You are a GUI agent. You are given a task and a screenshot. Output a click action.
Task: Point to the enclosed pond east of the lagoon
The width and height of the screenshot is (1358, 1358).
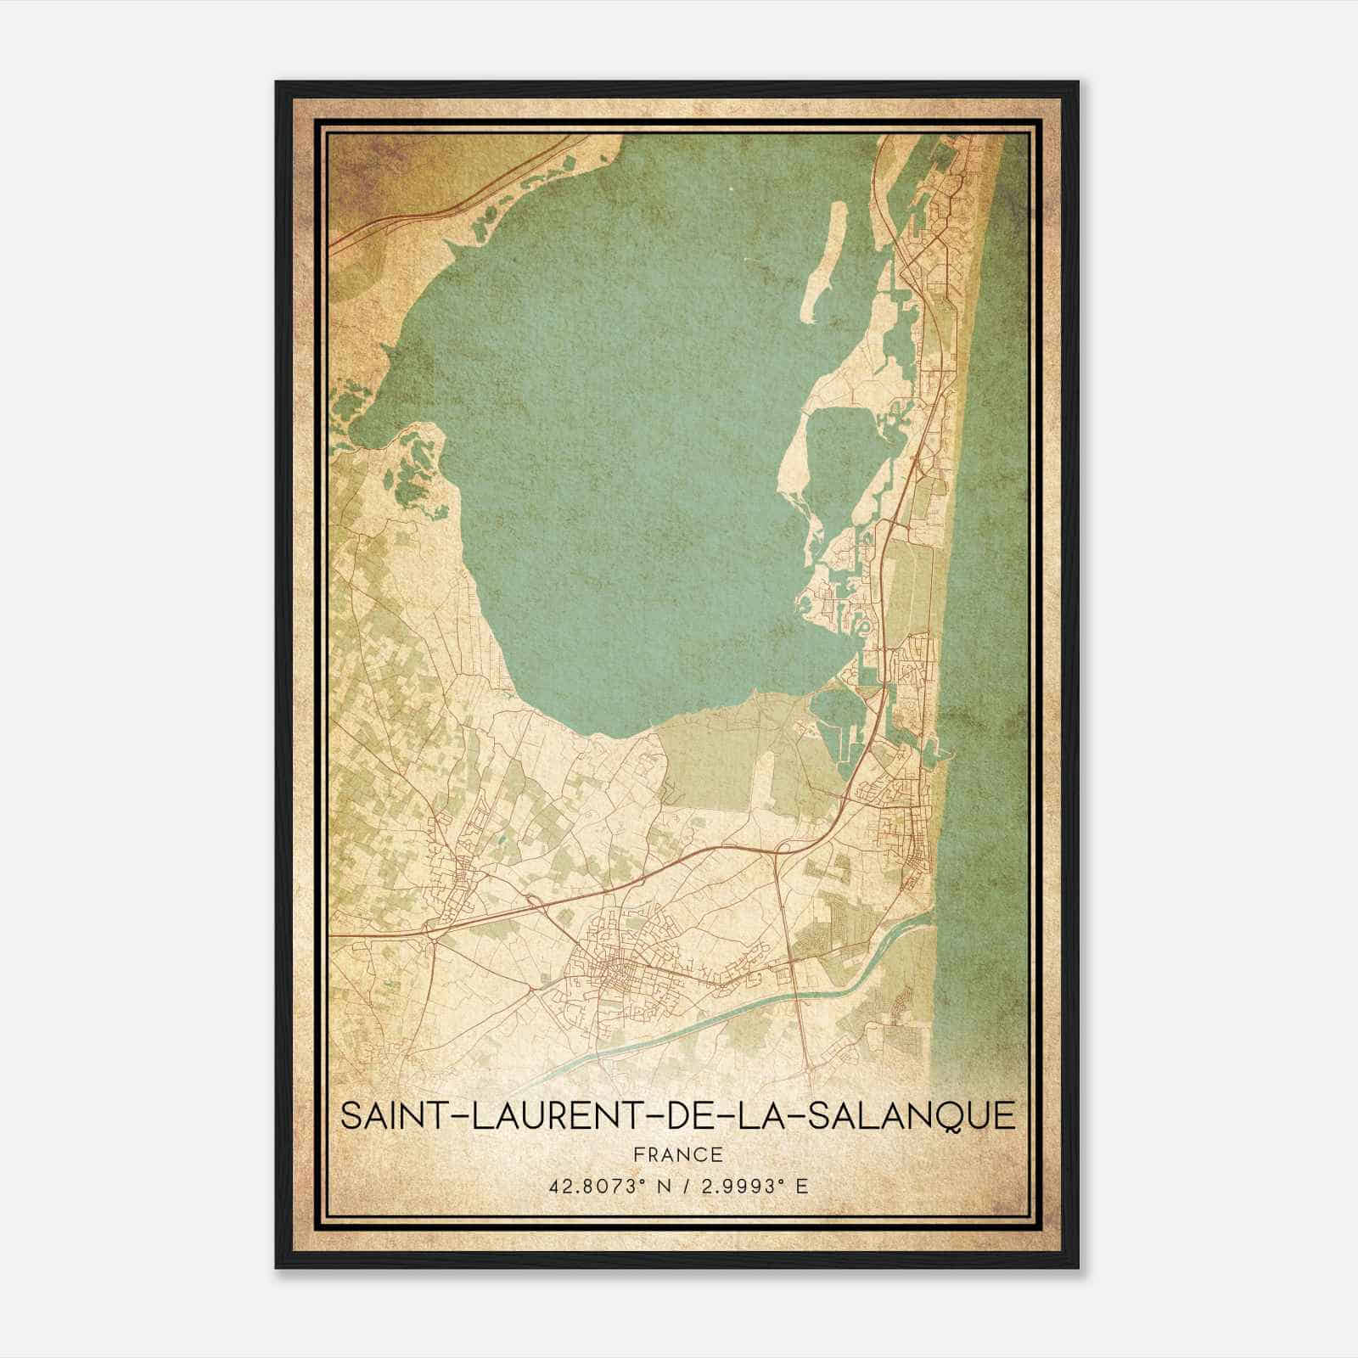[836, 458]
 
